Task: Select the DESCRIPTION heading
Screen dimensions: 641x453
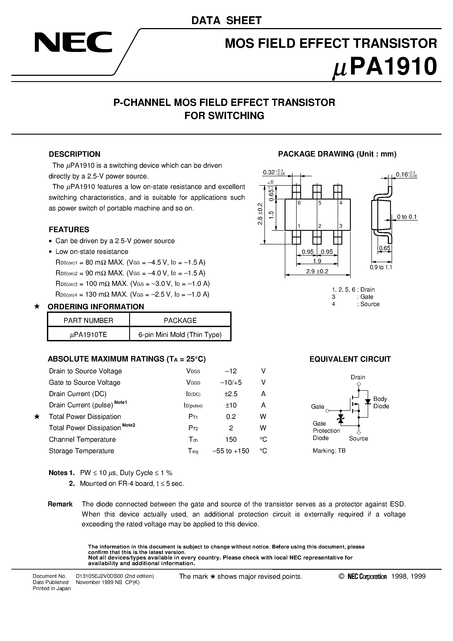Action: click(74, 154)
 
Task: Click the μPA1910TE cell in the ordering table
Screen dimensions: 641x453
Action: click(88, 335)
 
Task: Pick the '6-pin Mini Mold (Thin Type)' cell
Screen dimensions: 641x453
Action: click(180, 335)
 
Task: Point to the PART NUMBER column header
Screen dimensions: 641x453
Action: click(88, 320)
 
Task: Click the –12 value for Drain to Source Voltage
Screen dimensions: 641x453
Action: click(231, 371)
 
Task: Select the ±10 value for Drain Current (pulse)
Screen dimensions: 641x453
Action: click(231, 405)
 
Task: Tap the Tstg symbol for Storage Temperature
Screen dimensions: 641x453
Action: click(193, 451)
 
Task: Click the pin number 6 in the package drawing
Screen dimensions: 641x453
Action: click(299, 203)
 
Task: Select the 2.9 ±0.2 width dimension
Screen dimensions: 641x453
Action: click(317, 271)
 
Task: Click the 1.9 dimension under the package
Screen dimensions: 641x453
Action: click(317, 261)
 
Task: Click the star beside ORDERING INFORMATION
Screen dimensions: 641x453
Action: click(37, 306)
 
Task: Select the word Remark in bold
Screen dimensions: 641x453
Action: click(60, 504)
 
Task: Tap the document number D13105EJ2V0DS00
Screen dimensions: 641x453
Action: click(114, 576)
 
